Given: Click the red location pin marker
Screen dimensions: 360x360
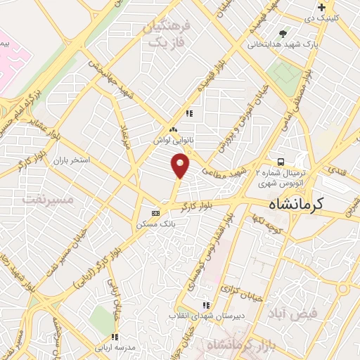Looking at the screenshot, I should click(181, 166).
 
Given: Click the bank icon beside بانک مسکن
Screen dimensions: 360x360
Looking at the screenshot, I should click(156, 213).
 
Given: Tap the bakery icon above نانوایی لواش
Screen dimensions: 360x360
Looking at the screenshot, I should click(174, 129).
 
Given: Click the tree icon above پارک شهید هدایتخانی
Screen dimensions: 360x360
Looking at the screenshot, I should click(283, 32).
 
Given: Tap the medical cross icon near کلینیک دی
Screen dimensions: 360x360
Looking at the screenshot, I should click(321, 7).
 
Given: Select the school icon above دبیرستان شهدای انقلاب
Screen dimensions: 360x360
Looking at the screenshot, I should click(206, 305).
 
